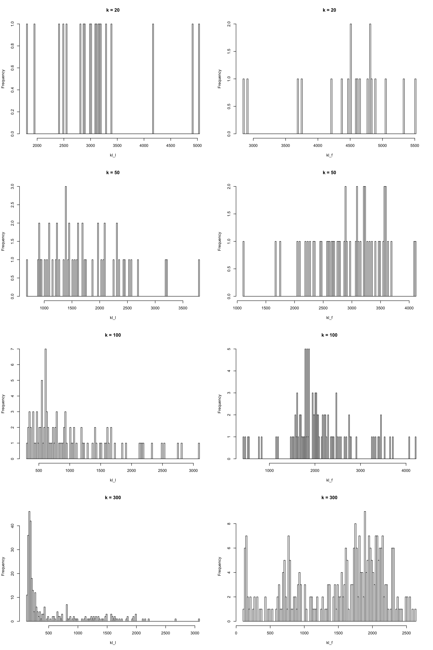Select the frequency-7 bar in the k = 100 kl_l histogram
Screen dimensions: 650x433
click(45, 403)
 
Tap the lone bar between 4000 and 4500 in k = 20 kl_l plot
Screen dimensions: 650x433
click(153, 79)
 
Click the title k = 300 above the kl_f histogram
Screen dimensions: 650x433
click(329, 497)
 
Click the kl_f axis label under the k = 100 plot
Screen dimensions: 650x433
click(329, 480)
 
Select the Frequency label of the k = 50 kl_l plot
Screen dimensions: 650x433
click(3, 241)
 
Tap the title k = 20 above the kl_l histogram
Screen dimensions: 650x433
click(113, 10)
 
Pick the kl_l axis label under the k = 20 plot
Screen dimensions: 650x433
click(113, 155)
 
